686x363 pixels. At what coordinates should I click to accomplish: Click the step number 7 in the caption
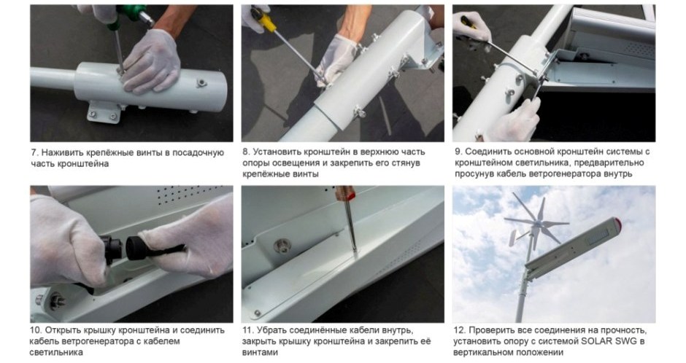(x=34, y=153)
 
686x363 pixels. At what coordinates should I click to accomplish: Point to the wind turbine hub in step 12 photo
(x=536, y=224)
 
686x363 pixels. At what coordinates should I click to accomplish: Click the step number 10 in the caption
(x=36, y=330)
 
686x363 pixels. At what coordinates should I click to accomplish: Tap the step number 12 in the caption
(x=459, y=330)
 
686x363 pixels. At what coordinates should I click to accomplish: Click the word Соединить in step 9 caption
(x=486, y=152)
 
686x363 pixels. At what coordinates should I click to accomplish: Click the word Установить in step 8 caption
(x=276, y=152)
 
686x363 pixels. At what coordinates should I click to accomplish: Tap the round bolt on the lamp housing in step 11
(x=282, y=246)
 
